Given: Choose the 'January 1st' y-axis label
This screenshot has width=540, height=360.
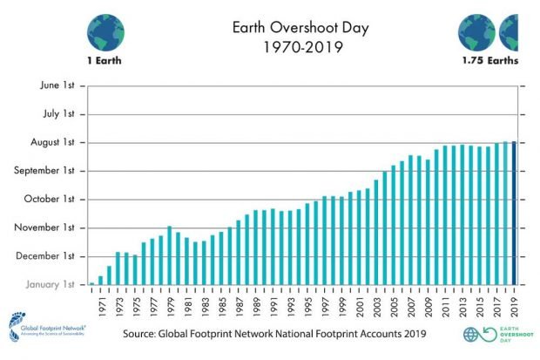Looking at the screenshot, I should click(53, 285).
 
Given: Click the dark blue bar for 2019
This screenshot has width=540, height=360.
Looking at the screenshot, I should click(514, 213).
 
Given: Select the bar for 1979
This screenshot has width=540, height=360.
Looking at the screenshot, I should click(169, 255).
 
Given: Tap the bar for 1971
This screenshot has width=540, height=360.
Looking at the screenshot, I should click(100, 281).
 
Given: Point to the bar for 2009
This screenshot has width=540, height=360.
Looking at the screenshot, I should click(428, 222).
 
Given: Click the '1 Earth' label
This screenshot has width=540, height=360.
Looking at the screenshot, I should click(105, 62).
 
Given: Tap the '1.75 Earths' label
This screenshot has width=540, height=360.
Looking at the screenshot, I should click(490, 62).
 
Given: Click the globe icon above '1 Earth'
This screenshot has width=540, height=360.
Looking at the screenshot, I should click(105, 31).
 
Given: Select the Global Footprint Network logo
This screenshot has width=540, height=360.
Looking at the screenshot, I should click(44, 327).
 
